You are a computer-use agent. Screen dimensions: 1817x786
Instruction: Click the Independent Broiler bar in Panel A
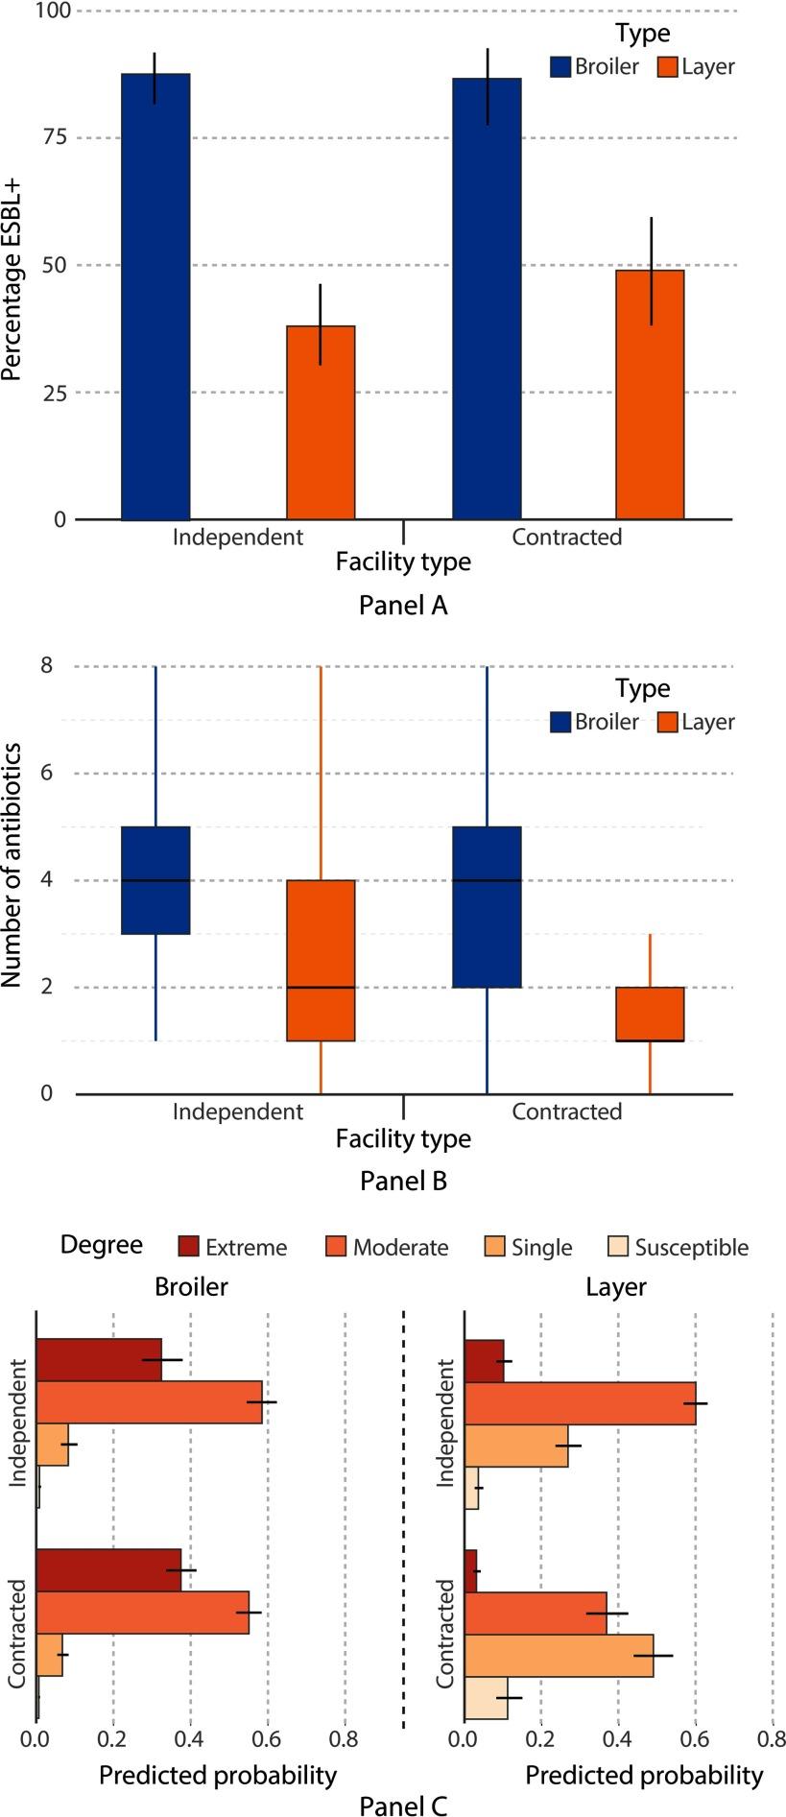(155, 297)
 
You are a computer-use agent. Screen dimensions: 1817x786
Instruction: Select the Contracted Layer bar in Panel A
(650, 394)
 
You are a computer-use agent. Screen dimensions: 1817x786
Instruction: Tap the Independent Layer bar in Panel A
(321, 422)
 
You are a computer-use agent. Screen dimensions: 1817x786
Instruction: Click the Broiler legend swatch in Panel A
(560, 67)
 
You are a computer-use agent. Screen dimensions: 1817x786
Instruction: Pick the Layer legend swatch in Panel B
(668, 722)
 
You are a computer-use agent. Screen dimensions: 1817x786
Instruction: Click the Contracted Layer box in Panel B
(650, 1014)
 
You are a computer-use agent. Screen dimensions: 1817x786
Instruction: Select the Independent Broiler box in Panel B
(155, 879)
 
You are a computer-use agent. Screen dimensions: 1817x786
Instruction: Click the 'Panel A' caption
(403, 606)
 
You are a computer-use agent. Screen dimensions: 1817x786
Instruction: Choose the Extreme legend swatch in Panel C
(188, 1247)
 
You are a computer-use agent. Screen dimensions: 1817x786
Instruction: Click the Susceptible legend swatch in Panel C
(618, 1247)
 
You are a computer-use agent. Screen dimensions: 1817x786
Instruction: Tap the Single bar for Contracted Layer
(559, 1656)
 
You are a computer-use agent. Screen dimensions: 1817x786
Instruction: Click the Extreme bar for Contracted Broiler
(108, 1570)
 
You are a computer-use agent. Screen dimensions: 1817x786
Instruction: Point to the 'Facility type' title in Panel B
(403, 1139)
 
